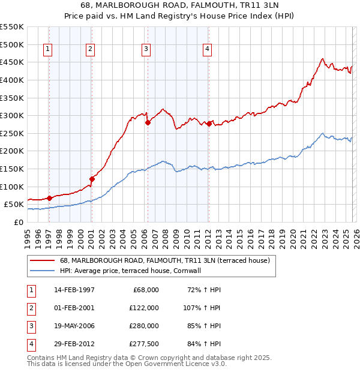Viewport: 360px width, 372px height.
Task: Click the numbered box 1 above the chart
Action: point(47,50)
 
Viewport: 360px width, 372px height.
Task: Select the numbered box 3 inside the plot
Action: point(146,50)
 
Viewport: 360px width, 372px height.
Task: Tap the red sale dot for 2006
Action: point(148,122)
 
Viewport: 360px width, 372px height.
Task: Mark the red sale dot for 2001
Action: point(92,179)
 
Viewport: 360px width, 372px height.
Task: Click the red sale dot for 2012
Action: point(209,124)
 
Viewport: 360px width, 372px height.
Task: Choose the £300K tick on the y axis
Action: point(12,115)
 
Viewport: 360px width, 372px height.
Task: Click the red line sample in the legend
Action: point(43,261)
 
